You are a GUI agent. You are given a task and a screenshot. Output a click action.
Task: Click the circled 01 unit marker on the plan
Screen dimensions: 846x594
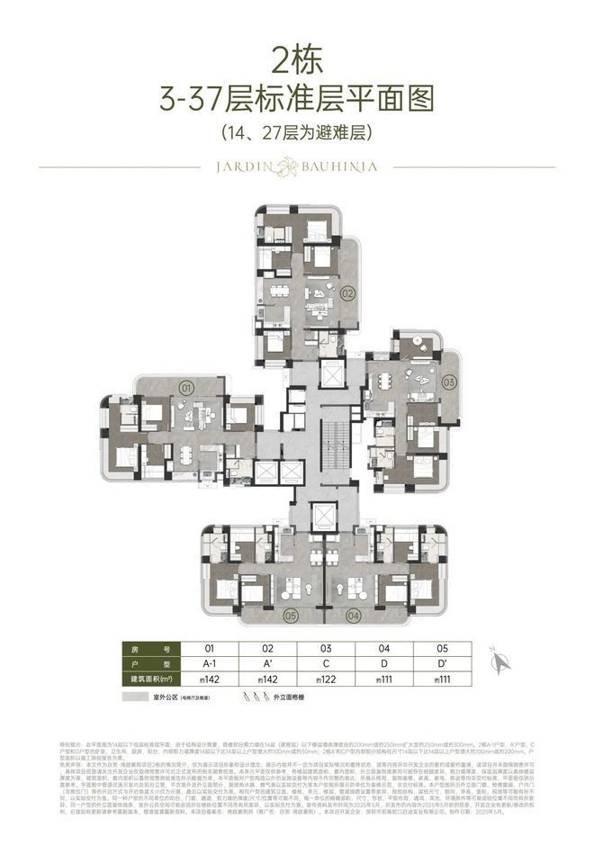click(187, 388)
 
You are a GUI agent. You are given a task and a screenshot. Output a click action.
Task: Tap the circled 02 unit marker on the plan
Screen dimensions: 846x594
click(348, 292)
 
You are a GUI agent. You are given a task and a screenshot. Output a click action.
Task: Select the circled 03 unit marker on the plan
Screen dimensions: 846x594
click(449, 380)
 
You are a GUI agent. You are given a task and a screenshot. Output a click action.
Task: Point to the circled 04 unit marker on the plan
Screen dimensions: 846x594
click(354, 616)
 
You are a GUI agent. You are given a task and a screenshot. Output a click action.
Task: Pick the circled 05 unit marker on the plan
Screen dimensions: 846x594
click(290, 616)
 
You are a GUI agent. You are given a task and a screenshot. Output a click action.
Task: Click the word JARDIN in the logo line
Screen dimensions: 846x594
click(243, 167)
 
